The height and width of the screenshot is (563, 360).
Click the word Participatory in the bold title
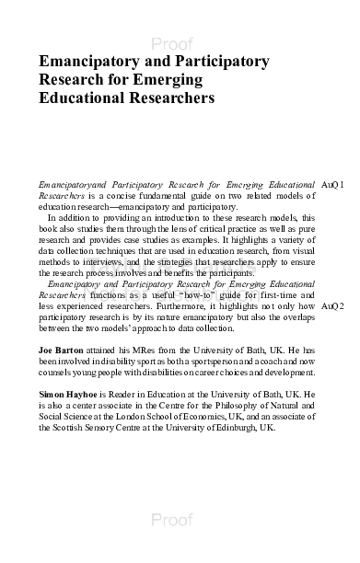(220, 62)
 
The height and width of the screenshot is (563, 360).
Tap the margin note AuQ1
(335, 185)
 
